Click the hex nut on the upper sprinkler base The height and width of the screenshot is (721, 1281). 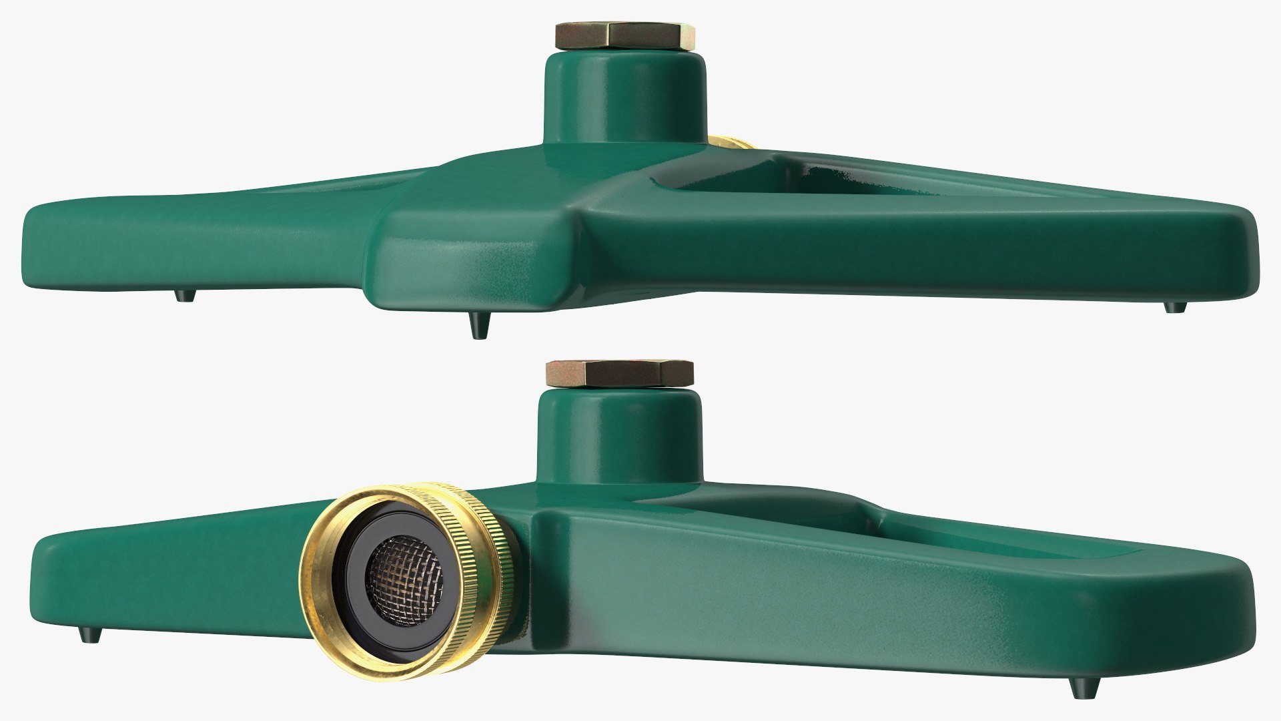click(624, 36)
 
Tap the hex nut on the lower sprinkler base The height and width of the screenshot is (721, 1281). click(620, 373)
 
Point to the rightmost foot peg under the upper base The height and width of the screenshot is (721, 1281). click(1175, 307)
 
